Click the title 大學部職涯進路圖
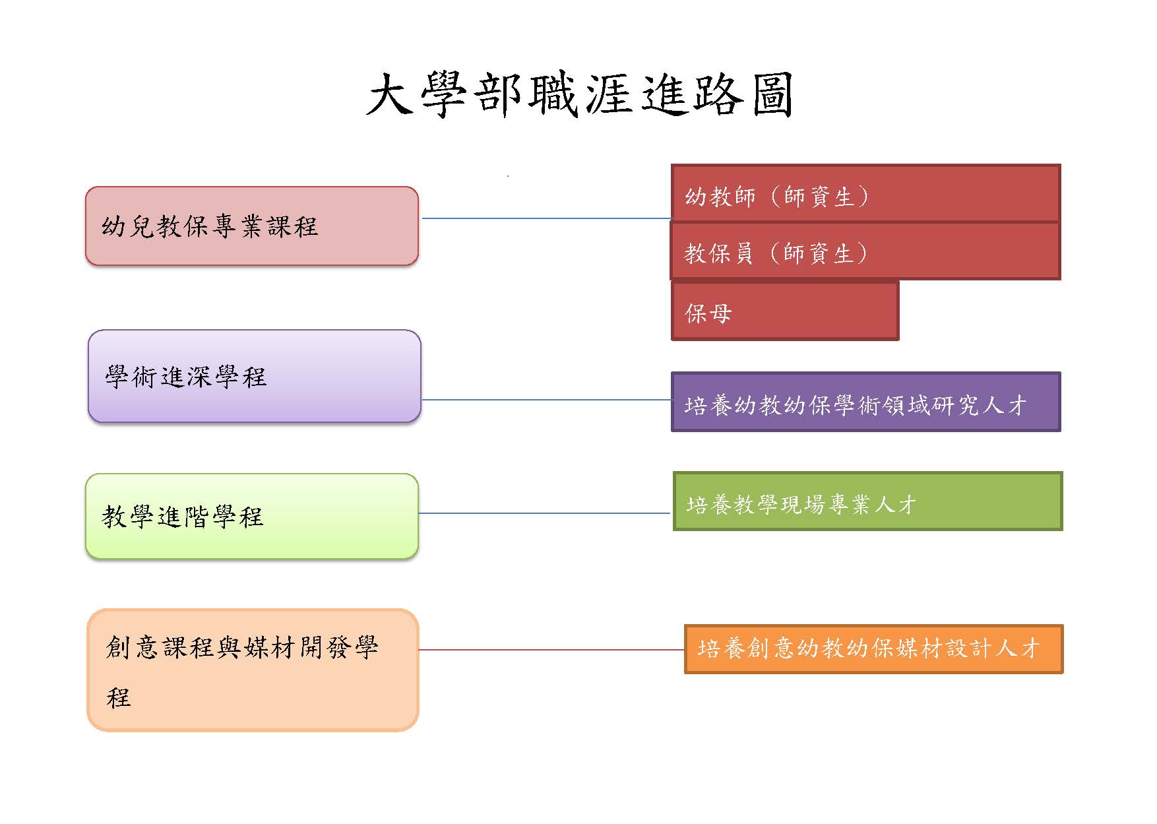click(x=579, y=96)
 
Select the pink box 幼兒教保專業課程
click(x=252, y=226)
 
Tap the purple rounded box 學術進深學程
click(x=255, y=376)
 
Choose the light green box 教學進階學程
click(x=252, y=516)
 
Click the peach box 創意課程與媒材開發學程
click(x=253, y=670)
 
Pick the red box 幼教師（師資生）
click(x=865, y=193)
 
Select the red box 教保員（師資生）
click(x=865, y=251)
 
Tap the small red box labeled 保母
click(x=785, y=311)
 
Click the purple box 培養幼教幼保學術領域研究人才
click(x=865, y=402)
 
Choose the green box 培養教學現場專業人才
click(x=867, y=501)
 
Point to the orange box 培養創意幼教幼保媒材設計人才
click(x=873, y=649)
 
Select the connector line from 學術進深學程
click(x=546, y=400)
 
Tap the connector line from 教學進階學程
click(x=545, y=513)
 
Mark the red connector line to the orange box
click(x=551, y=650)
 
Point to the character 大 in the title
click(x=389, y=96)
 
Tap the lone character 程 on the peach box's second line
click(x=119, y=697)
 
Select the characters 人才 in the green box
click(x=896, y=505)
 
